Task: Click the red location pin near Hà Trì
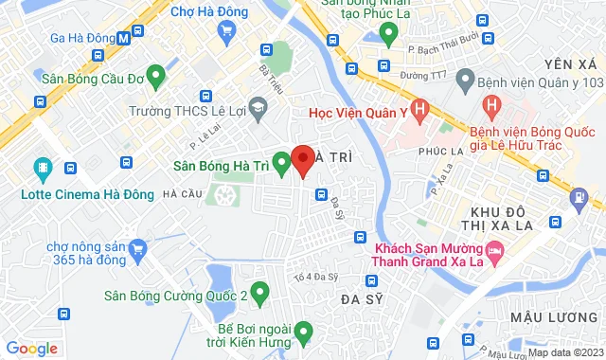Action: tap(302, 161)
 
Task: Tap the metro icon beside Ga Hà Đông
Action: tap(124, 37)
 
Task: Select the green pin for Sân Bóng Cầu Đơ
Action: tap(157, 73)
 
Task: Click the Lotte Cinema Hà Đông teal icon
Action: tap(42, 171)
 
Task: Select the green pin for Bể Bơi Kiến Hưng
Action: tap(302, 332)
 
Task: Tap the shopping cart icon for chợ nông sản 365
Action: tap(138, 249)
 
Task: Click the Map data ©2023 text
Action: tap(562, 352)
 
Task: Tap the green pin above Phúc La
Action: tap(387, 33)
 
